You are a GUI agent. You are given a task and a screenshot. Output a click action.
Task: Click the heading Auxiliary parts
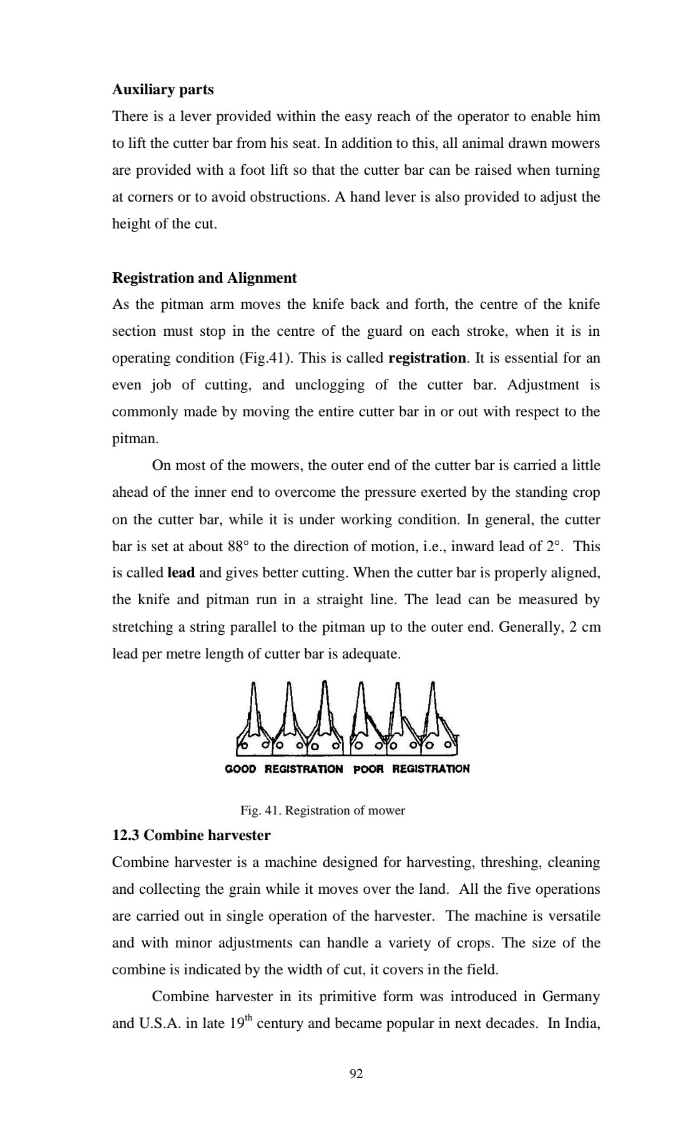(x=162, y=90)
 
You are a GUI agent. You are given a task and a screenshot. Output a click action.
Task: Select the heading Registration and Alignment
(x=204, y=278)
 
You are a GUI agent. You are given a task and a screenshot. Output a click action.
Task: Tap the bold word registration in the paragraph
(x=427, y=358)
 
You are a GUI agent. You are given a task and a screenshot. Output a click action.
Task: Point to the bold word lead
(x=181, y=573)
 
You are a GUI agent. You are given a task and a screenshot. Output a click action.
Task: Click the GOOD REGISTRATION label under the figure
(x=283, y=769)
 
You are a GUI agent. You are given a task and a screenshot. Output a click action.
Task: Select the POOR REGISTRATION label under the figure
(x=411, y=769)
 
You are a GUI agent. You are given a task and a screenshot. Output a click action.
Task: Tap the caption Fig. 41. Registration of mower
(x=322, y=811)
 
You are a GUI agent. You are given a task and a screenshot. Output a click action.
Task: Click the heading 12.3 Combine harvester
(x=191, y=835)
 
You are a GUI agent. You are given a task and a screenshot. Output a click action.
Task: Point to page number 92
(x=356, y=1074)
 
